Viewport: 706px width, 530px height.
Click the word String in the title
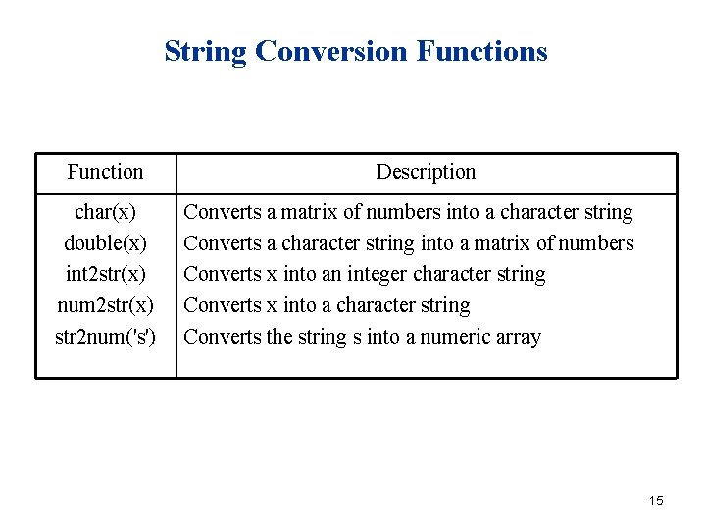[205, 51]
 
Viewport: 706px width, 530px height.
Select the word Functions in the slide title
[481, 51]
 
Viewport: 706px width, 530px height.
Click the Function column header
[105, 172]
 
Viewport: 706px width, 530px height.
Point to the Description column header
[426, 172]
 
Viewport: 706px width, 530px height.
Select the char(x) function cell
[105, 212]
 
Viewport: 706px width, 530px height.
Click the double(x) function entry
[105, 243]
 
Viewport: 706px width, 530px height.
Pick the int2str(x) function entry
[105, 275]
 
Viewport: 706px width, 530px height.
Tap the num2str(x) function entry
[105, 306]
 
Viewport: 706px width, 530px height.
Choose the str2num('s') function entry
[105, 338]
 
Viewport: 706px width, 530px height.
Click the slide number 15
[656, 502]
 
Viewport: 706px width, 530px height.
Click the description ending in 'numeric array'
[362, 338]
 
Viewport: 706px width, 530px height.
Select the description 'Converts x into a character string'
[327, 306]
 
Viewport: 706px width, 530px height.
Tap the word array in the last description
[519, 338]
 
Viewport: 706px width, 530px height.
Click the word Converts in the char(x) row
[223, 212]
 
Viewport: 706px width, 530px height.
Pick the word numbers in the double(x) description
[598, 243]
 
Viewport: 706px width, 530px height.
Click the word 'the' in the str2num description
[280, 338]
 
